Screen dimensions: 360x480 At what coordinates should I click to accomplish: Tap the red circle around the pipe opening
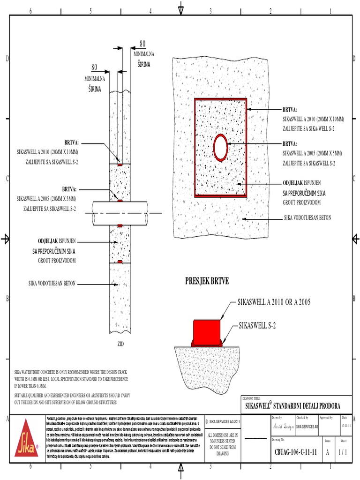[221, 148]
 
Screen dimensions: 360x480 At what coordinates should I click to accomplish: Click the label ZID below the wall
[120, 344]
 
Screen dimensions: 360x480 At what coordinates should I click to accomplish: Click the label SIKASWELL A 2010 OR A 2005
[274, 301]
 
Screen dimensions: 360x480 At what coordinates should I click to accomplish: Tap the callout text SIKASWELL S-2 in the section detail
[262, 324]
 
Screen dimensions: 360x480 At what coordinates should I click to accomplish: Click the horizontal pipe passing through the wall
[122, 214]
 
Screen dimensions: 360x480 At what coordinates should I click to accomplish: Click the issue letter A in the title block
[327, 453]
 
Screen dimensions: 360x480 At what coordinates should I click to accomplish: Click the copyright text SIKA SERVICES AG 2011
[225, 422]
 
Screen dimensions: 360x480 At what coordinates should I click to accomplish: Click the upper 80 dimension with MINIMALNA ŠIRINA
[142, 44]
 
